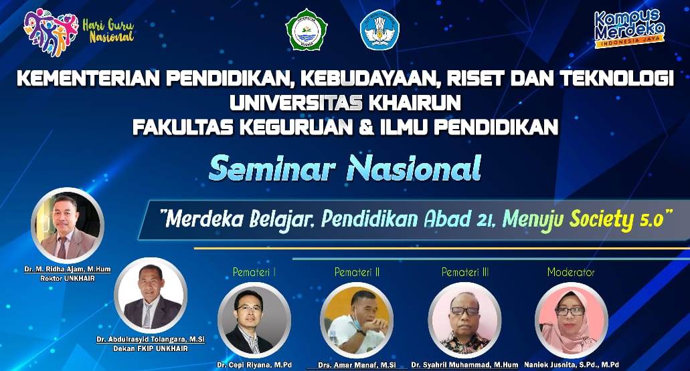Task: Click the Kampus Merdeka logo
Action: pyautogui.click(x=629, y=28)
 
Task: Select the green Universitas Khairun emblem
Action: pyautogui.click(x=307, y=29)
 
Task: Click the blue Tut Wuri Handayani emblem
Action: pyautogui.click(x=379, y=30)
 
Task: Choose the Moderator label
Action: pyautogui.click(x=571, y=272)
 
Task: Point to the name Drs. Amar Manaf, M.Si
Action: pyautogui.click(x=357, y=365)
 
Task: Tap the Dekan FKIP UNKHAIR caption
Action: pyautogui.click(x=150, y=348)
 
